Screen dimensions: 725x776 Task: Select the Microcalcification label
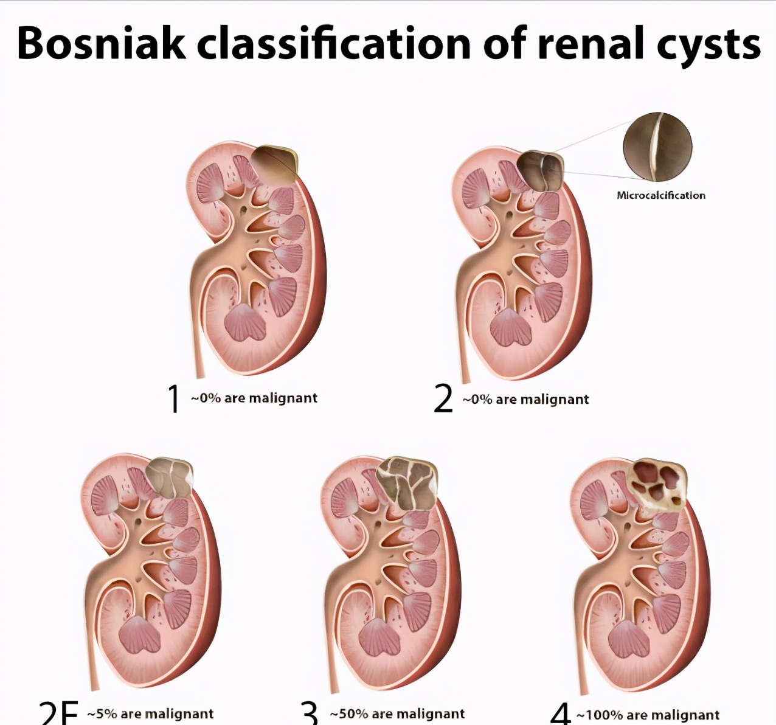point(661,195)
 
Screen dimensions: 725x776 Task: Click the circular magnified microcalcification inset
point(657,147)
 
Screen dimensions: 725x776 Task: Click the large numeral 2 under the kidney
point(444,400)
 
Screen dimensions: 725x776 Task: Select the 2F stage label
point(59,713)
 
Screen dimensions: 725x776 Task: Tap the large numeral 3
point(310,713)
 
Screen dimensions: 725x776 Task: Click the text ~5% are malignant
point(150,713)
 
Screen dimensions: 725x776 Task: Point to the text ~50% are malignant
point(397,713)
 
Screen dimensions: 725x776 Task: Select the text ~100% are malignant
point(648,715)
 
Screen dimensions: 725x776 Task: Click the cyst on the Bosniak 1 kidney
point(275,164)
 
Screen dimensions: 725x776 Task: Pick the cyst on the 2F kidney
point(171,476)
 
